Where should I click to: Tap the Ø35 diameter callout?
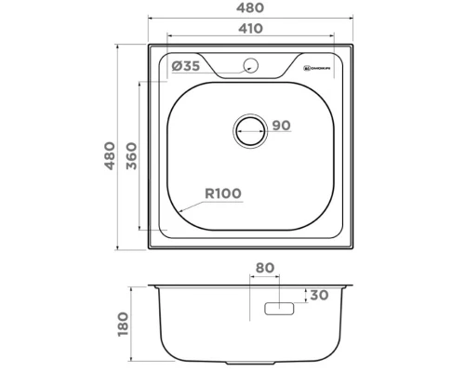coord(187,65)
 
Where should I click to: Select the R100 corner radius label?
coord(223,193)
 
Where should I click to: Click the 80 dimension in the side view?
coord(265,269)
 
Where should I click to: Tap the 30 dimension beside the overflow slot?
coord(320,296)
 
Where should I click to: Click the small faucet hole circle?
coord(249,64)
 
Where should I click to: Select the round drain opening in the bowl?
coord(249,129)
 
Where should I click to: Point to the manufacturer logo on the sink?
coord(319,67)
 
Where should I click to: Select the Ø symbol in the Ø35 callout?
coord(177,65)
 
